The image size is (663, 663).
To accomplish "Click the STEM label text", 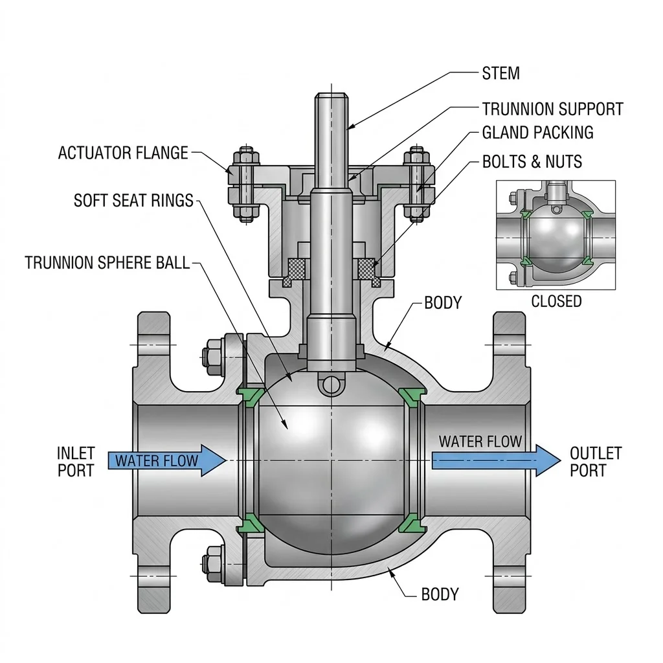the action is click(x=500, y=73).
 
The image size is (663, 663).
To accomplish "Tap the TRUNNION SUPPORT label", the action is click(x=553, y=109).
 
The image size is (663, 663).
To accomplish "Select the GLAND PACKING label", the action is click(x=538, y=132).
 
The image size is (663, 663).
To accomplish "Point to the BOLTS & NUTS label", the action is click(x=532, y=161).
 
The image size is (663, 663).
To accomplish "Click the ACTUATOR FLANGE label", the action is click(x=123, y=153).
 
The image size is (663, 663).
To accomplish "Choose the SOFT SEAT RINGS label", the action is click(x=133, y=201).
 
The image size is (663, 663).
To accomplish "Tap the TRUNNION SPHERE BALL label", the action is click(x=107, y=263).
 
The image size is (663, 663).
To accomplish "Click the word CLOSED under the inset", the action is click(x=556, y=301).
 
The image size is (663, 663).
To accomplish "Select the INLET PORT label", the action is click(x=76, y=462).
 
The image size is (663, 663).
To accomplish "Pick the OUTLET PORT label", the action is click(x=596, y=462).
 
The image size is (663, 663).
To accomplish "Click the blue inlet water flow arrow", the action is click(x=168, y=460).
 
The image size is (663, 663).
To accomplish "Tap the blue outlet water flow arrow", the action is click(x=496, y=460).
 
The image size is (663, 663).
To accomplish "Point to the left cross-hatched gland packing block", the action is click(x=296, y=269).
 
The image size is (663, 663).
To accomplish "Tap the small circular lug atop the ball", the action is click(x=331, y=385).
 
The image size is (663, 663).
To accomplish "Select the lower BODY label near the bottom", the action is click(x=440, y=594).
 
